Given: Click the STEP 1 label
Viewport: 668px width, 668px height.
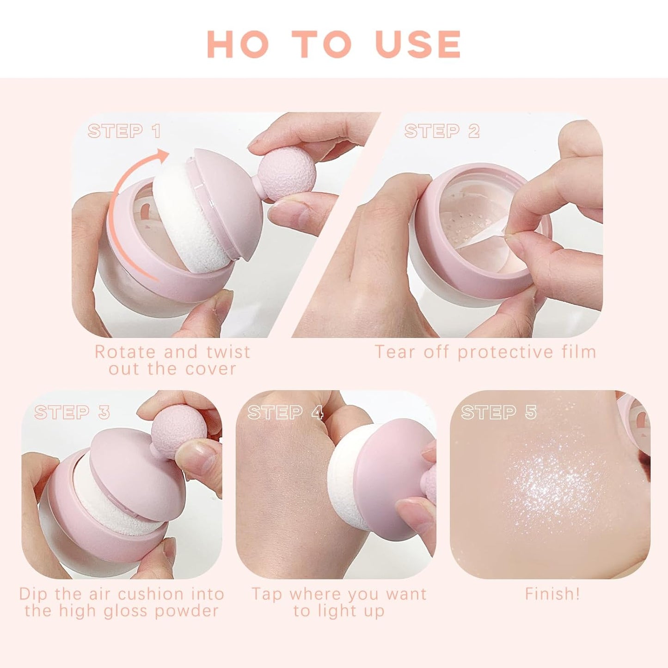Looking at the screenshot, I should click(124, 131).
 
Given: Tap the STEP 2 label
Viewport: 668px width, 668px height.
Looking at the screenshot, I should click(441, 131).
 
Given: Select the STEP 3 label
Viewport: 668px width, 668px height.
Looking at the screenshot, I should click(72, 412).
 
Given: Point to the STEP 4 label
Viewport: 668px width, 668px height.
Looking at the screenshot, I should click(285, 412).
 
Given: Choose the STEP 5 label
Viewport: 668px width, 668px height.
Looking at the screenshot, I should click(499, 412).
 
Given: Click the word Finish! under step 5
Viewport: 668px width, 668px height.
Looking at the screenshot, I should click(552, 594).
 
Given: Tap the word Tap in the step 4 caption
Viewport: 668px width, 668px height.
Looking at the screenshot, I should click(266, 594).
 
